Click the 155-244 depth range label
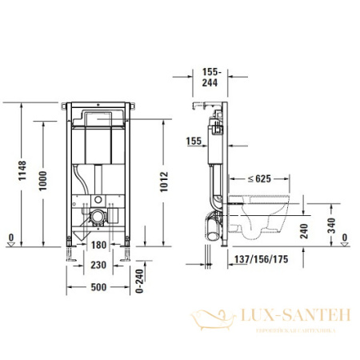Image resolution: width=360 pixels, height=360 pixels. tap(213, 75)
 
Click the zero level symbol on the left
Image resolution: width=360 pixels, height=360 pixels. tap(10, 238)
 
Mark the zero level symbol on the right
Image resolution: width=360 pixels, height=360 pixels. tap(343, 238)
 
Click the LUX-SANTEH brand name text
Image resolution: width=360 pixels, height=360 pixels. tap(295, 316)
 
